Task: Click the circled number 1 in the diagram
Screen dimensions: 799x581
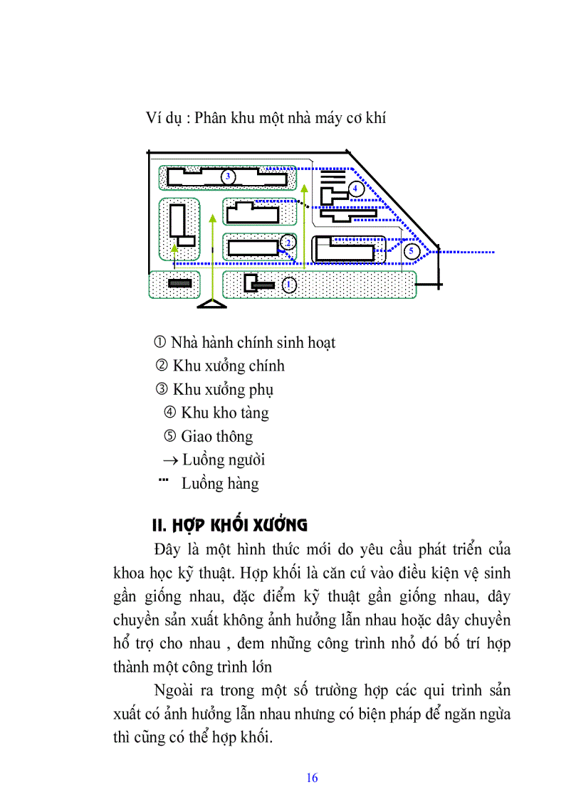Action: click(x=288, y=285)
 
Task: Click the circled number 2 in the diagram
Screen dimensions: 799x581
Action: click(x=288, y=243)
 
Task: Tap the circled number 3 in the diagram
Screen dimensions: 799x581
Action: click(x=228, y=176)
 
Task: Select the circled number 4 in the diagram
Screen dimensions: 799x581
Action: click(x=356, y=189)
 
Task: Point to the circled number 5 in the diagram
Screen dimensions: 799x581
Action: click(x=411, y=250)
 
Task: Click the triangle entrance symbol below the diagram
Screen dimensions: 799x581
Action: click(x=211, y=305)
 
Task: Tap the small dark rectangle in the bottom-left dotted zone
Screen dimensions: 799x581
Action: click(x=180, y=283)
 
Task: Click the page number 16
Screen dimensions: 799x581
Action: click(x=312, y=778)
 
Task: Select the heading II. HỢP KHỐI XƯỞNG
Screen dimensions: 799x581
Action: click(x=230, y=526)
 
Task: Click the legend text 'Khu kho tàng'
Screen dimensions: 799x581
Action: click(x=224, y=413)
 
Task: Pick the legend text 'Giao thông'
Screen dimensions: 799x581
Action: click(x=216, y=436)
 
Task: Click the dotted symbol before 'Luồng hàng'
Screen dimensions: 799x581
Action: click(x=163, y=482)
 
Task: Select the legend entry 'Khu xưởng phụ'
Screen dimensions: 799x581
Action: click(x=223, y=389)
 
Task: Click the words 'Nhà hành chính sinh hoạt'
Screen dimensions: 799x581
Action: click(x=253, y=342)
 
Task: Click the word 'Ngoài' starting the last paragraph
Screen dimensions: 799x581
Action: click(x=174, y=690)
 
